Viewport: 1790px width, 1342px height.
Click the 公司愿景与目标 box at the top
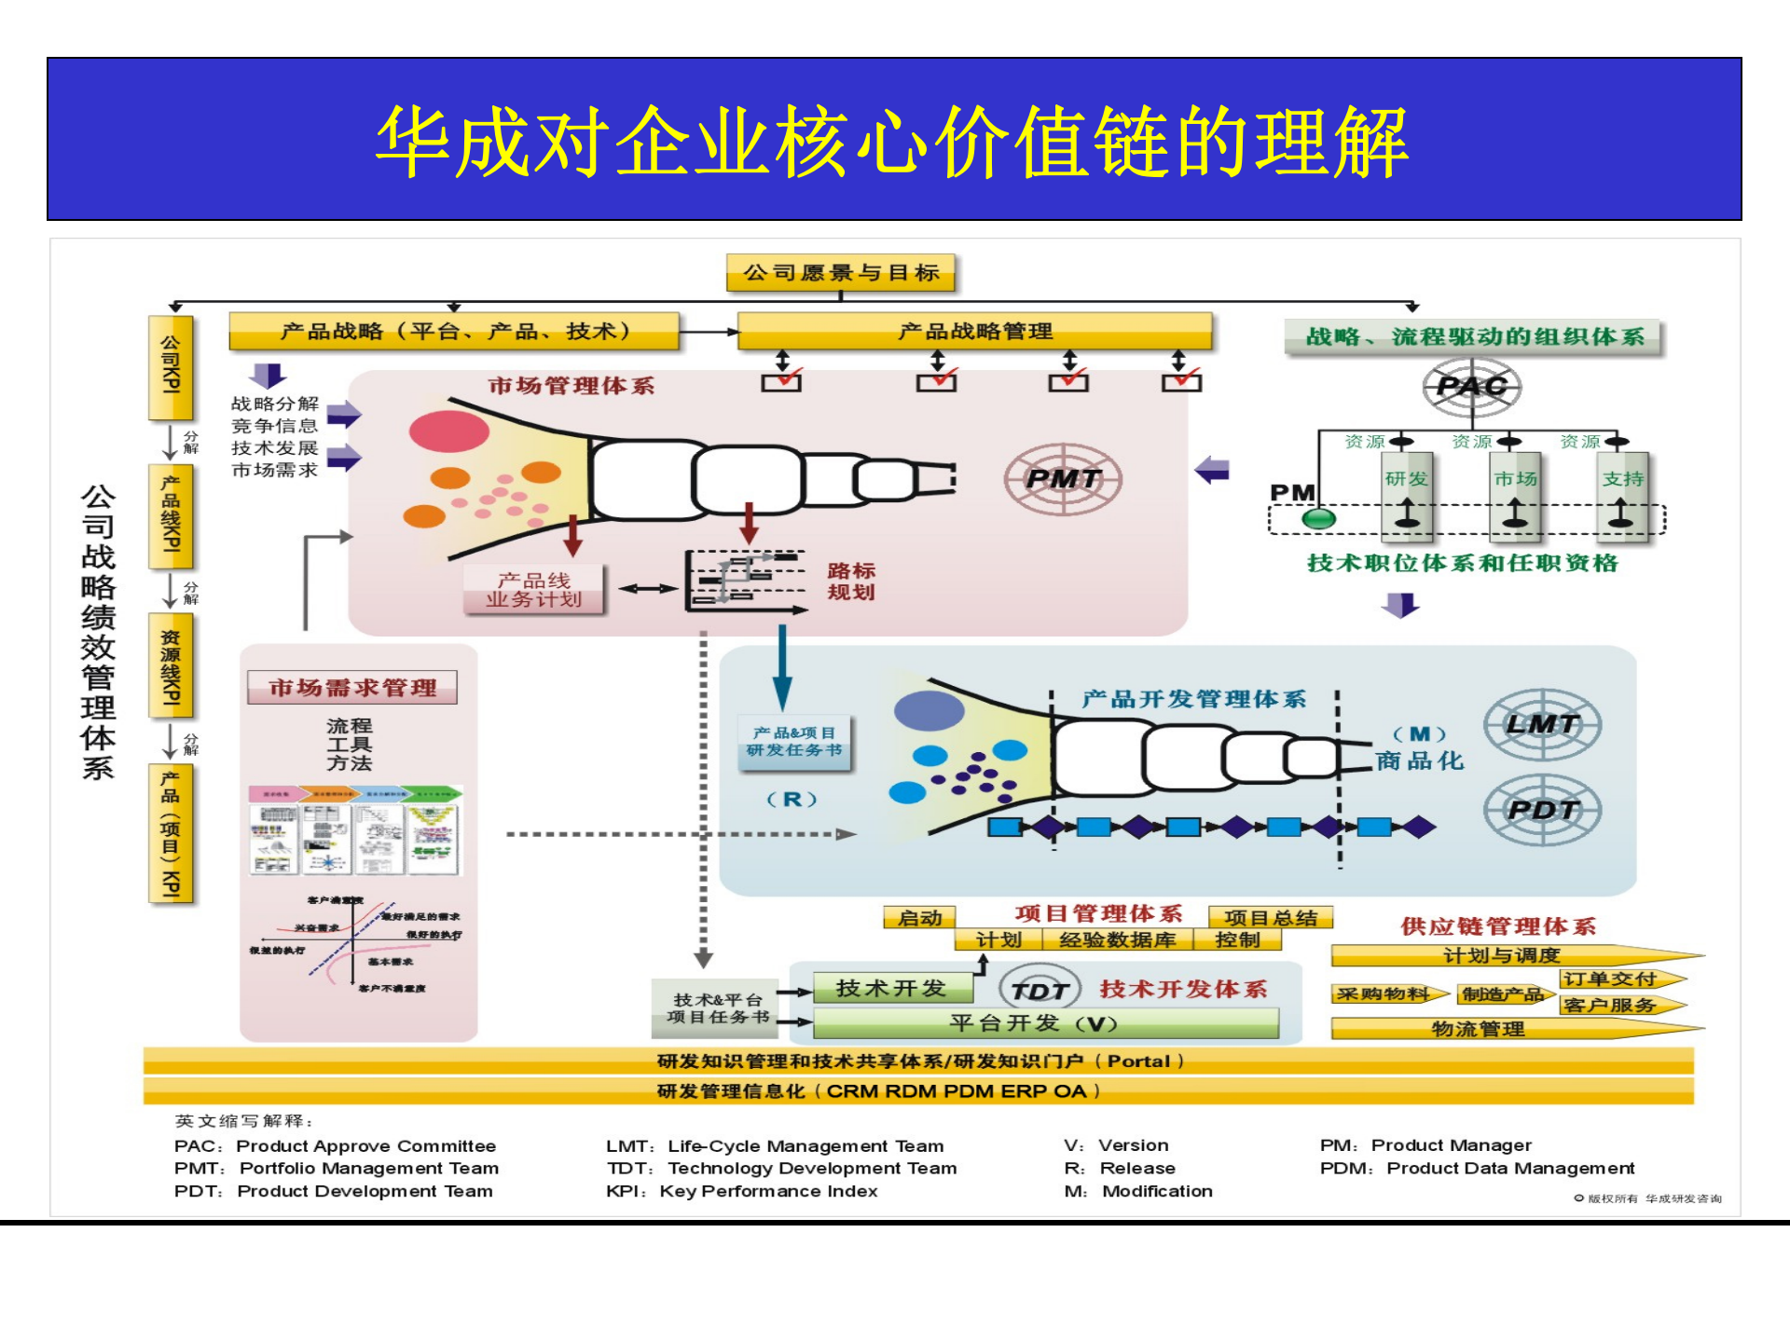pyautogui.click(x=840, y=273)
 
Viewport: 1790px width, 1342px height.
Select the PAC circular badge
pyautogui.click(x=1472, y=386)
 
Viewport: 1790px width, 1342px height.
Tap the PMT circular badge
pyautogui.click(x=1063, y=479)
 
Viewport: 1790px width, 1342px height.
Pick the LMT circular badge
pyautogui.click(x=1542, y=724)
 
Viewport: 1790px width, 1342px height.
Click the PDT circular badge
pyautogui.click(x=1542, y=810)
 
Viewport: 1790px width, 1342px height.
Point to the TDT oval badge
pyautogui.click(x=1040, y=991)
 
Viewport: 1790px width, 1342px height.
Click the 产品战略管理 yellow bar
pyautogui.click(x=974, y=331)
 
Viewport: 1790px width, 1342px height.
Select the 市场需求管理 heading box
pyautogui.click(x=352, y=688)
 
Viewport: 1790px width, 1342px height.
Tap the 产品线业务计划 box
pyautogui.click(x=533, y=590)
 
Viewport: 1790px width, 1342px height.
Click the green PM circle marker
pyautogui.click(x=1318, y=519)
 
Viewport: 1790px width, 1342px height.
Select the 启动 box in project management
pyautogui.click(x=919, y=918)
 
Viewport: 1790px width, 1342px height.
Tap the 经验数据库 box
pyautogui.click(x=1117, y=940)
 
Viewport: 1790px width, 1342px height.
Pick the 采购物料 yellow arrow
pyautogui.click(x=1388, y=994)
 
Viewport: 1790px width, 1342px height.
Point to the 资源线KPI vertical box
pyautogui.click(x=171, y=666)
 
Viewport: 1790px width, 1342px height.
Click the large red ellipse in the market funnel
pyautogui.click(x=449, y=431)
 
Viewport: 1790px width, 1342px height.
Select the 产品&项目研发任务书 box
pyautogui.click(x=794, y=742)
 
